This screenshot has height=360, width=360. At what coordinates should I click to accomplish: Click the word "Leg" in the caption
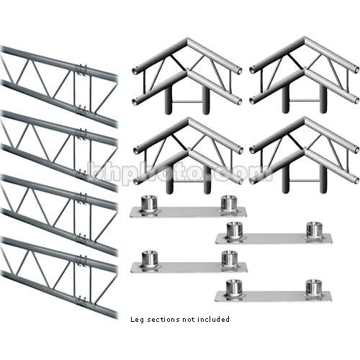pos(137,320)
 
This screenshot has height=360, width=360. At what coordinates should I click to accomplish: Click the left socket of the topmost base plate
pos(149,204)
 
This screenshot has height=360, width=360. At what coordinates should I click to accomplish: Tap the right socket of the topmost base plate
pos(229,204)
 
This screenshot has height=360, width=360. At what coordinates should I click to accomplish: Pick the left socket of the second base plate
pos(235,230)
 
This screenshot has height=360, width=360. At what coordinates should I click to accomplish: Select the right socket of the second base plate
pos(315,230)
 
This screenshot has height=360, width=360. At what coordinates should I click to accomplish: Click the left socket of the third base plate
pos(150,259)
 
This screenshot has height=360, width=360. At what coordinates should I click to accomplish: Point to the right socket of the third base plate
pos(229,259)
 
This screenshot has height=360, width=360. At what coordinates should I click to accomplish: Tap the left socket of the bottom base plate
pos(234,287)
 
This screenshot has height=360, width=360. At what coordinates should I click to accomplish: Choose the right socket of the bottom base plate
pos(314,287)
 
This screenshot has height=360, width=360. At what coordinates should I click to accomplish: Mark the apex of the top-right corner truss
pos(305,40)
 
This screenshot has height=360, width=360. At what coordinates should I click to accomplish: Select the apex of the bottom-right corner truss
pos(305,120)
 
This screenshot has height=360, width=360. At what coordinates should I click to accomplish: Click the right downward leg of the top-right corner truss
pos(323,99)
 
